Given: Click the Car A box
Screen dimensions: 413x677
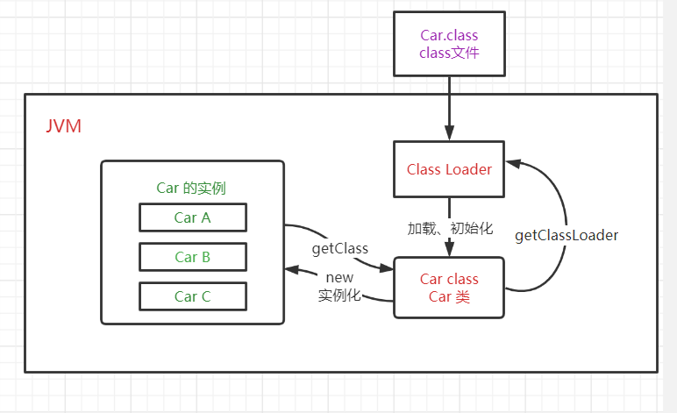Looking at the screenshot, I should point(193,217).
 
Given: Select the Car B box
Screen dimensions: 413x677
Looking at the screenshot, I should point(193,257).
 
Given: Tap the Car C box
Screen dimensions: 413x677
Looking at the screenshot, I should point(193,296).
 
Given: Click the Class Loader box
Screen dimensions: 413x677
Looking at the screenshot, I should point(449,168).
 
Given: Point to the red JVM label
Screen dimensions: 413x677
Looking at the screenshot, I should point(63,126).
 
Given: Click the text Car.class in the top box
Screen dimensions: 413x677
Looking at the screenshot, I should point(449,37).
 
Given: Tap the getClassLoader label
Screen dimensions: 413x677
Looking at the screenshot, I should point(567,236).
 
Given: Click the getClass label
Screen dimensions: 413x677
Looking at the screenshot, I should point(339,249).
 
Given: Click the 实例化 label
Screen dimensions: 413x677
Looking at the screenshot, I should point(339,296).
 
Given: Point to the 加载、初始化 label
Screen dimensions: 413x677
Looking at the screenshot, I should point(450,229).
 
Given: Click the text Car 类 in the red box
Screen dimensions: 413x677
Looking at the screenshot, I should point(449,297).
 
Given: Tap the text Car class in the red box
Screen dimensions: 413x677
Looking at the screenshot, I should point(449,280).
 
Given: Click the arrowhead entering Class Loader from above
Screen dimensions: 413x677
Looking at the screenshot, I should point(449,134).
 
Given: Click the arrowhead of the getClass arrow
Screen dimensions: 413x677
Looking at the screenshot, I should point(387,267).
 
